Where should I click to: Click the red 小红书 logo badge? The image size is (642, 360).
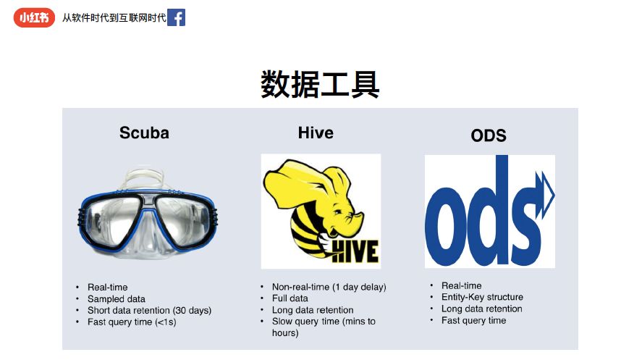(x=34, y=18)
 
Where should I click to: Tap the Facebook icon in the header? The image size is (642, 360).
(x=177, y=17)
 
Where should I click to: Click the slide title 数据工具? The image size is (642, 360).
(x=320, y=84)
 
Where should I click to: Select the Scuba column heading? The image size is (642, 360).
(x=144, y=133)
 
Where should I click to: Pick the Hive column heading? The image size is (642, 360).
(x=316, y=133)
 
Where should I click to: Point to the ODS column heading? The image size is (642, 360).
(x=489, y=135)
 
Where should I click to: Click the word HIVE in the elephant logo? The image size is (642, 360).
(x=355, y=251)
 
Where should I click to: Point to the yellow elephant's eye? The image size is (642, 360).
(x=337, y=213)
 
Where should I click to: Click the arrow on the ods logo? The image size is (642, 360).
(x=544, y=195)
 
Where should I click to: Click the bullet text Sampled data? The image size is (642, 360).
(x=117, y=299)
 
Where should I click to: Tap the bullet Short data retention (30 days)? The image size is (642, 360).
(x=149, y=311)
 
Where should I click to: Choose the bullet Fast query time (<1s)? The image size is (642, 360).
(x=132, y=322)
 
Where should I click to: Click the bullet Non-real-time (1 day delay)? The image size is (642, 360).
(x=329, y=287)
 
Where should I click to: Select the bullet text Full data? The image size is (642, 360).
(x=290, y=298)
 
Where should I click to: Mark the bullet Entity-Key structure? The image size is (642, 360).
(x=482, y=297)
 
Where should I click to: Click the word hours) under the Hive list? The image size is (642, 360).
(x=285, y=333)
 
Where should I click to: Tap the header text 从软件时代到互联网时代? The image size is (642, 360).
(x=114, y=17)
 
